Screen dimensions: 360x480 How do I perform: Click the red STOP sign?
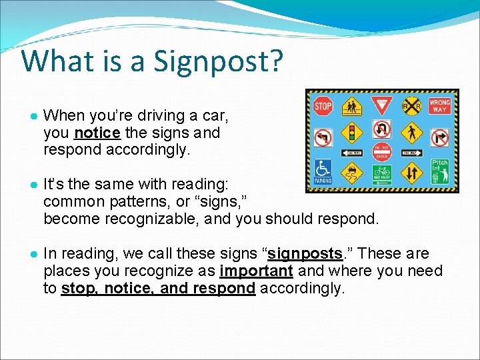point(323,105)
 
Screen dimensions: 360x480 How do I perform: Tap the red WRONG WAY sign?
point(439,107)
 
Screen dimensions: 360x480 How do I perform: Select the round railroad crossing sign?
point(411,107)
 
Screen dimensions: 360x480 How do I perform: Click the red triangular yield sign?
point(381,106)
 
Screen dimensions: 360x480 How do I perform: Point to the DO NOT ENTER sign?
point(381,153)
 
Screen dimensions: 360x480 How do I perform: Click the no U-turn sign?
point(382,129)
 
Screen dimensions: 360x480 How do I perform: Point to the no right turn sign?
point(439,137)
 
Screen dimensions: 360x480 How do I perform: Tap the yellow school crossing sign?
point(352,106)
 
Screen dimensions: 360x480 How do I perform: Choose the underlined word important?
point(256,271)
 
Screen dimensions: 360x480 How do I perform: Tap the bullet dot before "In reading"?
point(33,254)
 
